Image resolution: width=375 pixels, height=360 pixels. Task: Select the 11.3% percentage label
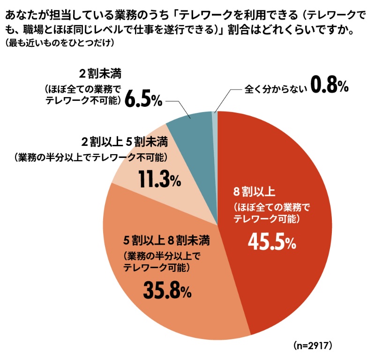159,179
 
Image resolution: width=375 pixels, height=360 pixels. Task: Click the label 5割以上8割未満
166,241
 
